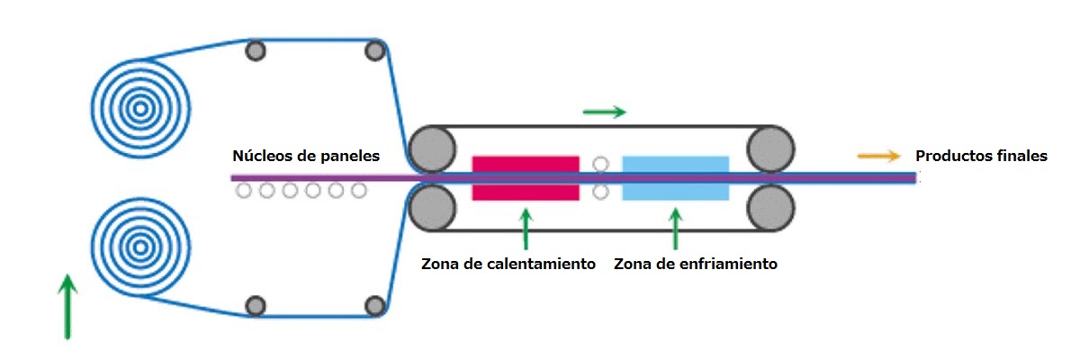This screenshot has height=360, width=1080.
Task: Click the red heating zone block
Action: pos(526,178)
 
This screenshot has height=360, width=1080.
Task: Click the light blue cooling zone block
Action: pos(675,178)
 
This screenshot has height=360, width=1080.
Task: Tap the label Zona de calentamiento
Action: pos(508,265)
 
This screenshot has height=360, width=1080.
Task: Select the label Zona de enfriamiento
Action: pos(695,265)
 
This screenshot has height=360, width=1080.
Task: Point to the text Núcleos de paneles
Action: pos(306,156)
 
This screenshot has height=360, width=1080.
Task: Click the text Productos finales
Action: pos(981,156)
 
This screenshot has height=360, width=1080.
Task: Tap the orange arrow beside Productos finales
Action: pos(878,156)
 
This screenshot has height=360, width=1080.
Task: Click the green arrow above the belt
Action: pos(604,112)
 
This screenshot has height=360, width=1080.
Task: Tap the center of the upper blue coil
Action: pos(139,108)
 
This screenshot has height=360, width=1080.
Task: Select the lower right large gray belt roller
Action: pos(769,207)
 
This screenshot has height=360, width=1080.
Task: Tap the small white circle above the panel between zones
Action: pos(601,164)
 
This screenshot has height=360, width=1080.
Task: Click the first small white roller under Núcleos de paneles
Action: pos(244,191)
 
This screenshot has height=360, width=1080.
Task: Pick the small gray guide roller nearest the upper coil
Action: pos(256,50)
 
